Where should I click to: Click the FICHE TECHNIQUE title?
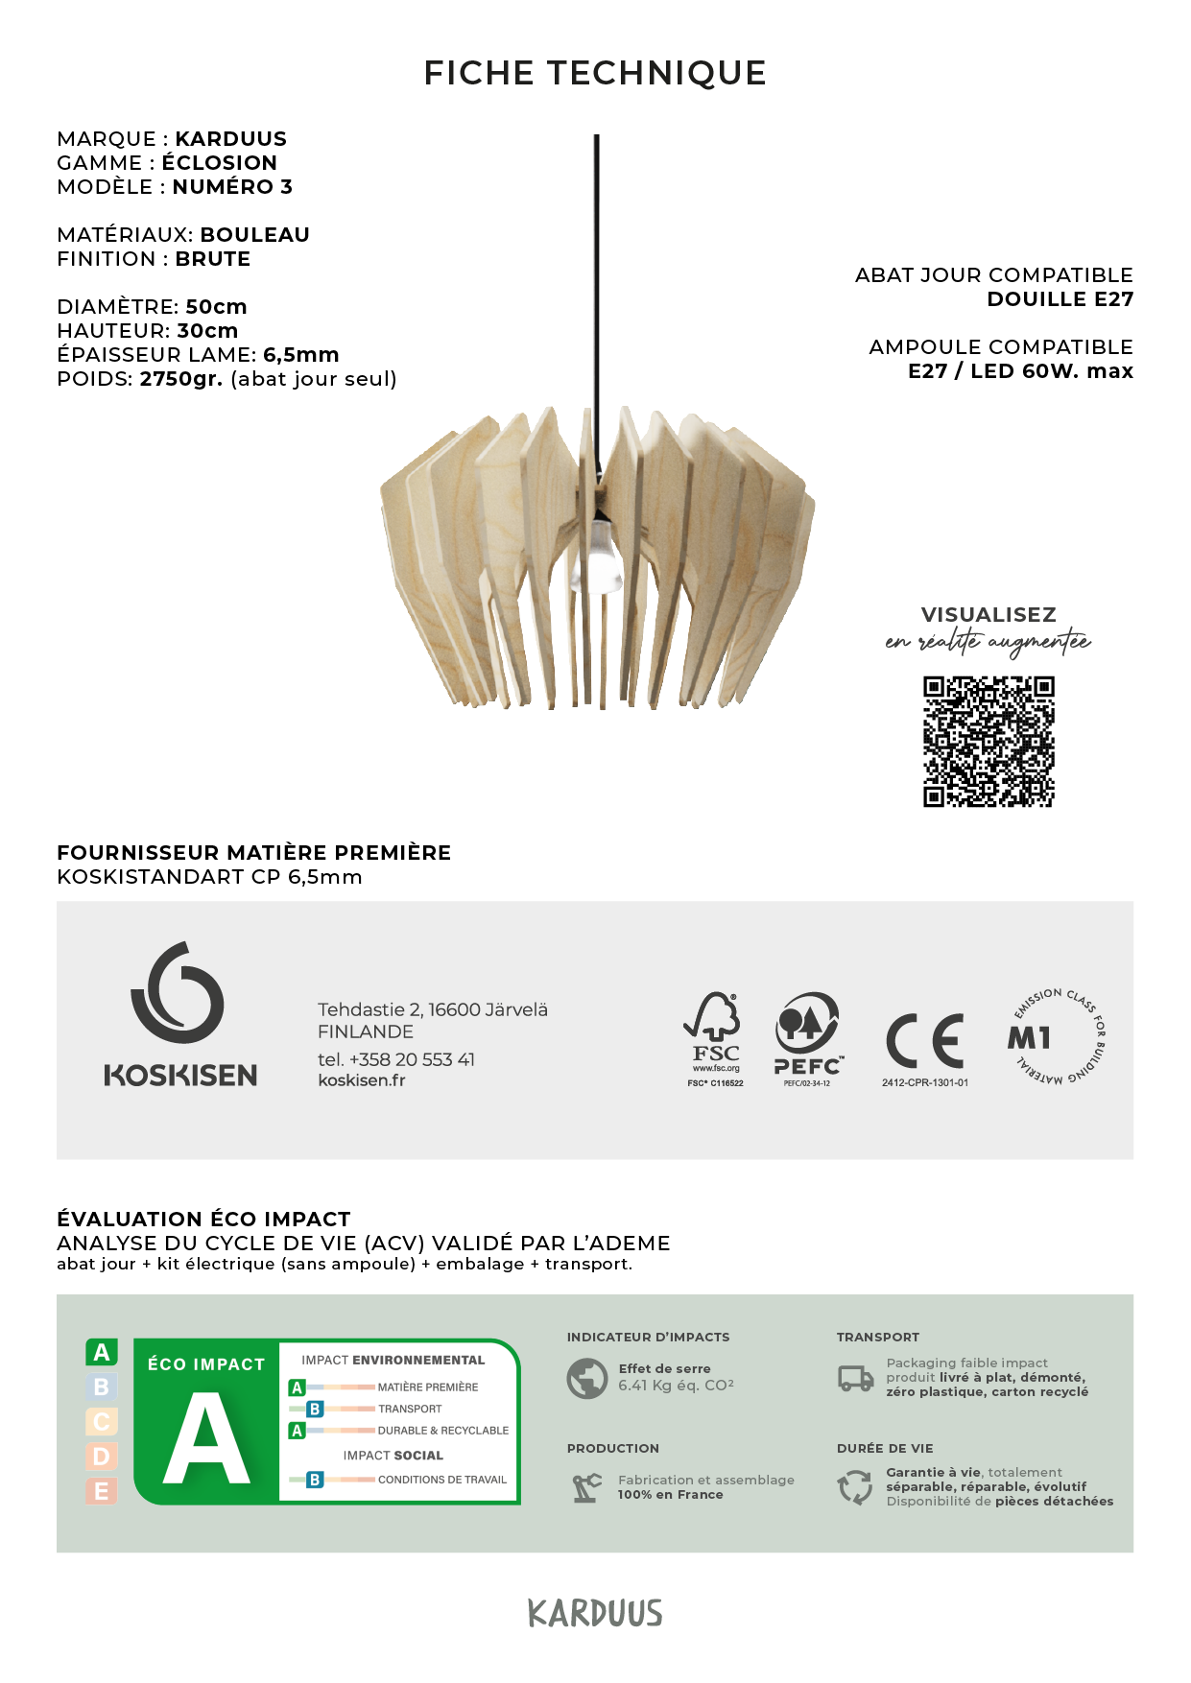point(595,73)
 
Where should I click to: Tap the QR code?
point(989,742)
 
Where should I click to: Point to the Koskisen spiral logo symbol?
point(178,993)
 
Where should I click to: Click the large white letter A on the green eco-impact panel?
point(206,1438)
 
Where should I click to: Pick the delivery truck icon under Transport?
point(855,1379)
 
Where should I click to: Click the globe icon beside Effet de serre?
point(586,1378)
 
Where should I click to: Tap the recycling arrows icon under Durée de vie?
point(855,1487)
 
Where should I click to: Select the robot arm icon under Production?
point(586,1487)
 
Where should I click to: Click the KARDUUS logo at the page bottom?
point(595,1613)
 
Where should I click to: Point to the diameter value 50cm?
point(216,307)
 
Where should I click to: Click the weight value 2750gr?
point(180,379)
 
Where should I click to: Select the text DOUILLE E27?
point(1060,299)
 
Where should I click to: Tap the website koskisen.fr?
point(362,1080)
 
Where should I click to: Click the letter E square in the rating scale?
point(102,1491)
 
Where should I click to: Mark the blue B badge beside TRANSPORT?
point(315,1409)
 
